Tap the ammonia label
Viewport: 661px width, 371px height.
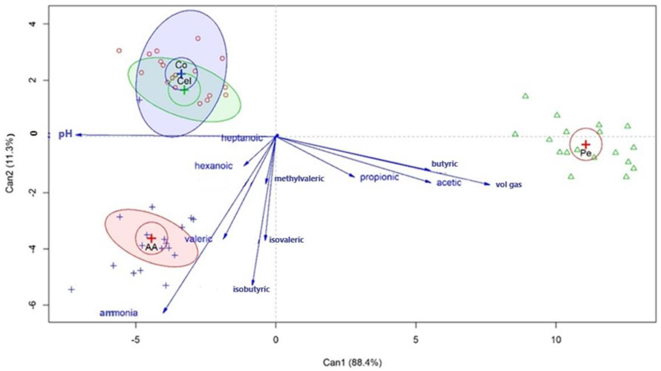coord(119,313)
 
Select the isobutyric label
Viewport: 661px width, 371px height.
coord(251,289)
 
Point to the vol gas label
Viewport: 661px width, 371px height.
coord(508,185)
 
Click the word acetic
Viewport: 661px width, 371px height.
coord(449,183)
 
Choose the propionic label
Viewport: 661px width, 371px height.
coord(379,177)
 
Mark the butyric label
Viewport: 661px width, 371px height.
coord(444,164)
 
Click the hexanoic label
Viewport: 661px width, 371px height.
coord(213,166)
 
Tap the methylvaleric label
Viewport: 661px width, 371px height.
coord(299,179)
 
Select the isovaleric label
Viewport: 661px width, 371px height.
coord(286,240)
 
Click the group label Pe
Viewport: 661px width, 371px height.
coord(586,154)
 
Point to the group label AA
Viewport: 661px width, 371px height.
coord(151,247)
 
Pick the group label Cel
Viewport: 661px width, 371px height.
coord(184,81)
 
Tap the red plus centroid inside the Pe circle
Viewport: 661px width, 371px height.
coord(586,144)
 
